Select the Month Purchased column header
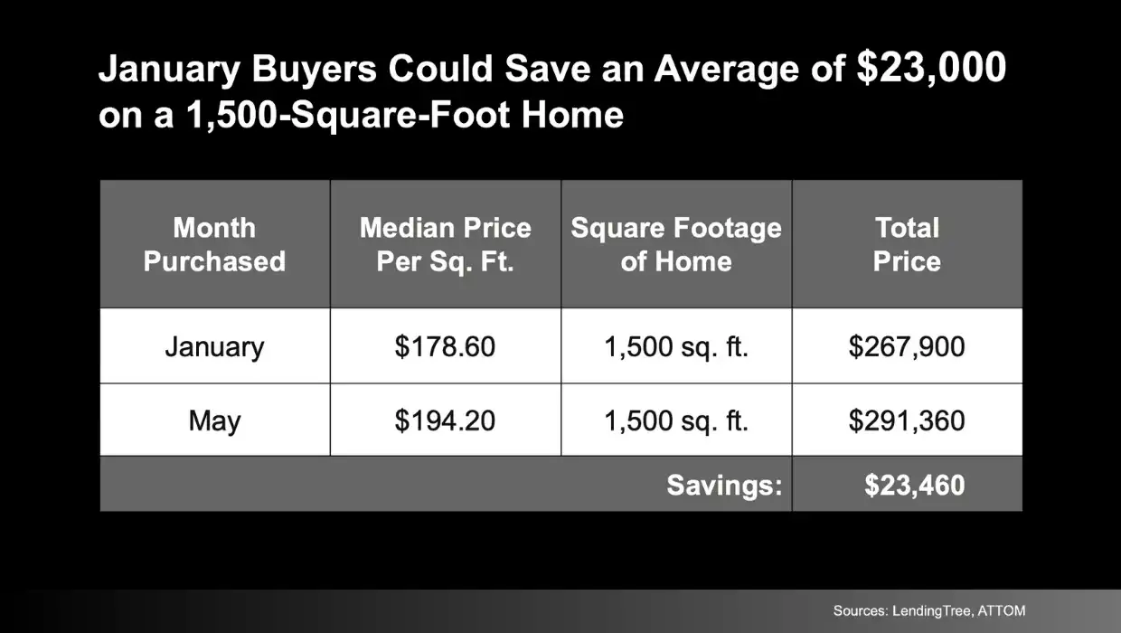coord(214,244)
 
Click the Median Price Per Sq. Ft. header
coord(445,244)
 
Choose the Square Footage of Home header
coord(676,244)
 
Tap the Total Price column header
coord(907,244)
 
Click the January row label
coord(214,346)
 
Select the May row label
coord(214,420)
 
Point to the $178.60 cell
coord(445,346)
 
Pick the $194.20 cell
coord(445,420)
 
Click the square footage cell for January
coord(676,346)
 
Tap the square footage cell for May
coord(676,420)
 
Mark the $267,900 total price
coord(907,346)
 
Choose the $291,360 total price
coord(907,420)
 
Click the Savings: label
coord(724,486)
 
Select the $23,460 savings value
coord(914,486)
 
